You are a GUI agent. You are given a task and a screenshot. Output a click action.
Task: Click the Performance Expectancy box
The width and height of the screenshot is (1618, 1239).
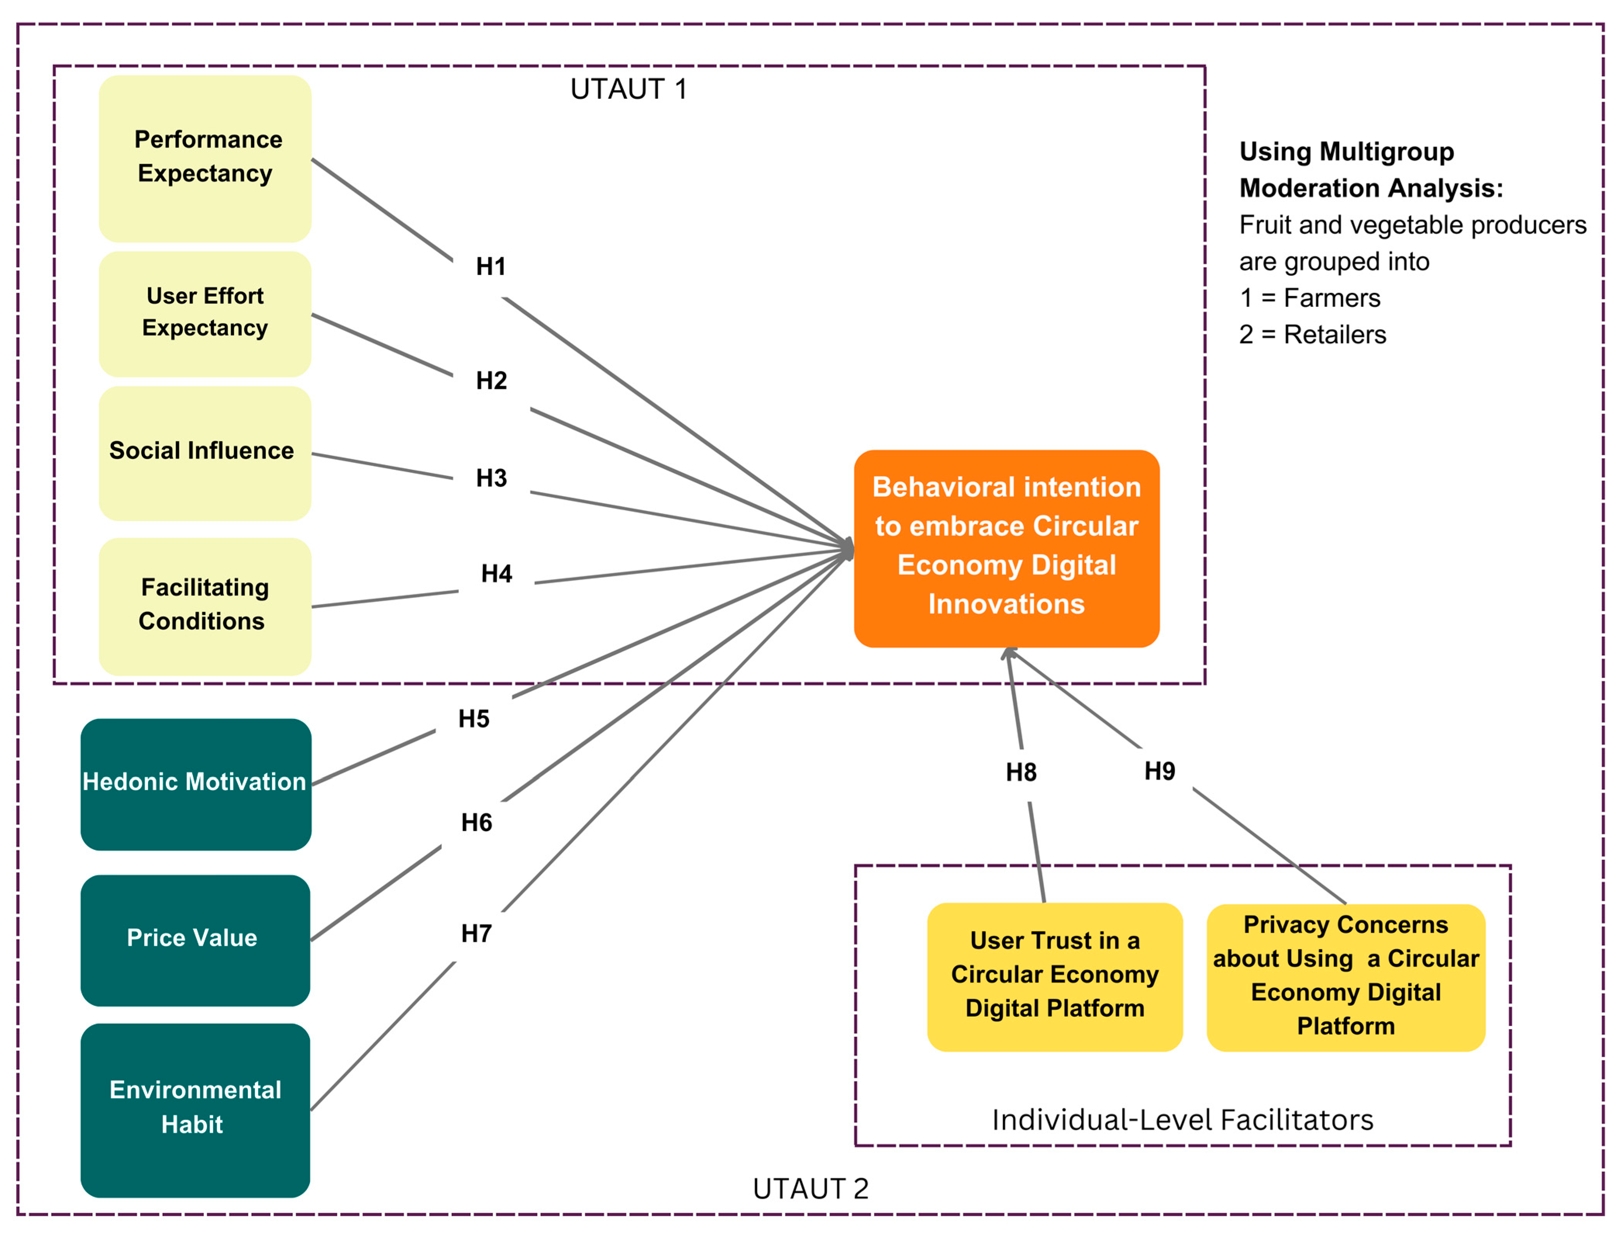[x=205, y=158]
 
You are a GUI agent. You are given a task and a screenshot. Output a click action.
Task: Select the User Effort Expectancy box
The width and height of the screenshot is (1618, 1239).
[x=205, y=314]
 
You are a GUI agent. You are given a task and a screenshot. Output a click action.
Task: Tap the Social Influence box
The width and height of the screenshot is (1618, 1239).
[x=205, y=454]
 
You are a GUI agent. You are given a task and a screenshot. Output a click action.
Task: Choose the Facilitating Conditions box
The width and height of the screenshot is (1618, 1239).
[x=205, y=606]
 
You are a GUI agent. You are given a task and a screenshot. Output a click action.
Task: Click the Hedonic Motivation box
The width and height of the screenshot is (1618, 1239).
[x=196, y=784]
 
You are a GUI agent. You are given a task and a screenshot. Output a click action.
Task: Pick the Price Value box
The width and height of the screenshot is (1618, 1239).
[x=196, y=940]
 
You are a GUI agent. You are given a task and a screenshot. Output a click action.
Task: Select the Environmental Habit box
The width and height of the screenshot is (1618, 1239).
[x=196, y=1110]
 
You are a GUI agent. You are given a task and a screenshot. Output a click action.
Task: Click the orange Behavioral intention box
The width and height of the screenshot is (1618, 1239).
[x=1006, y=549]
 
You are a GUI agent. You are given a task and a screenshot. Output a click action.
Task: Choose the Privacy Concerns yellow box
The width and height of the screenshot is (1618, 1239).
[x=1346, y=977]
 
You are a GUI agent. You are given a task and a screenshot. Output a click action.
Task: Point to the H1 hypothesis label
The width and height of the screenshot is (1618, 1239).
[x=491, y=266]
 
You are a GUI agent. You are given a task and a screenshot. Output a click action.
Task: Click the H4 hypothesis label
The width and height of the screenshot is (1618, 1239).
[x=497, y=573]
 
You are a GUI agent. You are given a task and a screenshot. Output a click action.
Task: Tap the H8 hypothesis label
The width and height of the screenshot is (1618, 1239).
[x=1021, y=772]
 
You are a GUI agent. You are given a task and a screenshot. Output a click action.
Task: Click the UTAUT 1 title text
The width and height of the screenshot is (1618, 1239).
[x=628, y=89]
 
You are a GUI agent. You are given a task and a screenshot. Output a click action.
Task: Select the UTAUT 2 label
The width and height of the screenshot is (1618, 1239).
[x=811, y=1189]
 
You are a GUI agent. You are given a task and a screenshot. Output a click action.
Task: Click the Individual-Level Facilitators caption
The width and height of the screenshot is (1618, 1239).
[x=1183, y=1120]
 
